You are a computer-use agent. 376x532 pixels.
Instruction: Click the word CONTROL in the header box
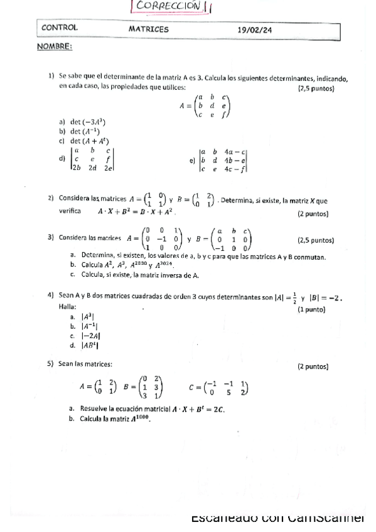click(60, 28)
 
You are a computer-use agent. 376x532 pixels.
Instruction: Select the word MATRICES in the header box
click(148, 29)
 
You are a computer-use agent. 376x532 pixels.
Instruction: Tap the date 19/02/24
click(255, 29)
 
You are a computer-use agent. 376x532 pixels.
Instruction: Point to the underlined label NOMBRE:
click(54, 46)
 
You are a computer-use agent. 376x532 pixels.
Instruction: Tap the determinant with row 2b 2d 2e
click(92, 159)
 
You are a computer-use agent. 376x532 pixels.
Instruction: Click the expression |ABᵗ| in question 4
click(85, 345)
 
